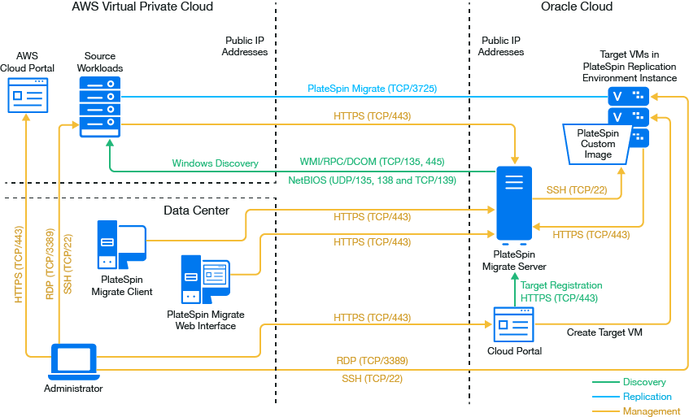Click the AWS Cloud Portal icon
[28, 94]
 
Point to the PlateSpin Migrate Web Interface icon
[205, 280]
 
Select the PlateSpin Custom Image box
[598, 144]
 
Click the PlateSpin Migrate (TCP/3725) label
[372, 88]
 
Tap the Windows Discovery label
[215, 163]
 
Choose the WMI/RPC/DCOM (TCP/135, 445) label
[372, 161]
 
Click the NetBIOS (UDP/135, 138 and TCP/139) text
[372, 180]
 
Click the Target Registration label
[561, 286]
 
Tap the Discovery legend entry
[643, 382]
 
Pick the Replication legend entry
[647, 397]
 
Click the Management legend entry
[650, 411]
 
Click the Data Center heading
[196, 211]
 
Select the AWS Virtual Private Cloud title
[142, 7]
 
